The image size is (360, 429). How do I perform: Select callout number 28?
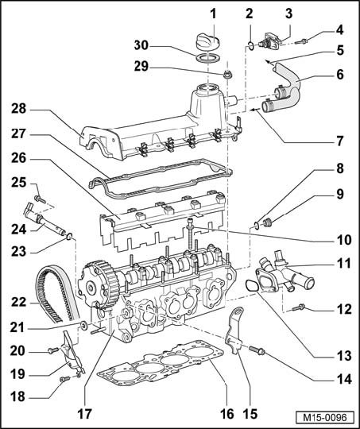point(18,109)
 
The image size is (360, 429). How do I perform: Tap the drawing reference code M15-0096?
point(325,418)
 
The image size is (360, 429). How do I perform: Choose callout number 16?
point(227,414)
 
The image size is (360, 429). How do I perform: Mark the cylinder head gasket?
point(161,361)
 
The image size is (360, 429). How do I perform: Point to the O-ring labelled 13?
point(252,286)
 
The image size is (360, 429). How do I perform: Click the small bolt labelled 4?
point(301,42)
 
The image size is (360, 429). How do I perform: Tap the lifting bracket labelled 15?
point(234,331)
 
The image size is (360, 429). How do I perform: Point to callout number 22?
point(18,303)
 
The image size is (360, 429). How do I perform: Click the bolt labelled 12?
point(298,307)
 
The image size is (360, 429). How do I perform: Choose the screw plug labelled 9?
point(267,222)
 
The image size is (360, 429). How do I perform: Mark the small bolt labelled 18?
point(64,379)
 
